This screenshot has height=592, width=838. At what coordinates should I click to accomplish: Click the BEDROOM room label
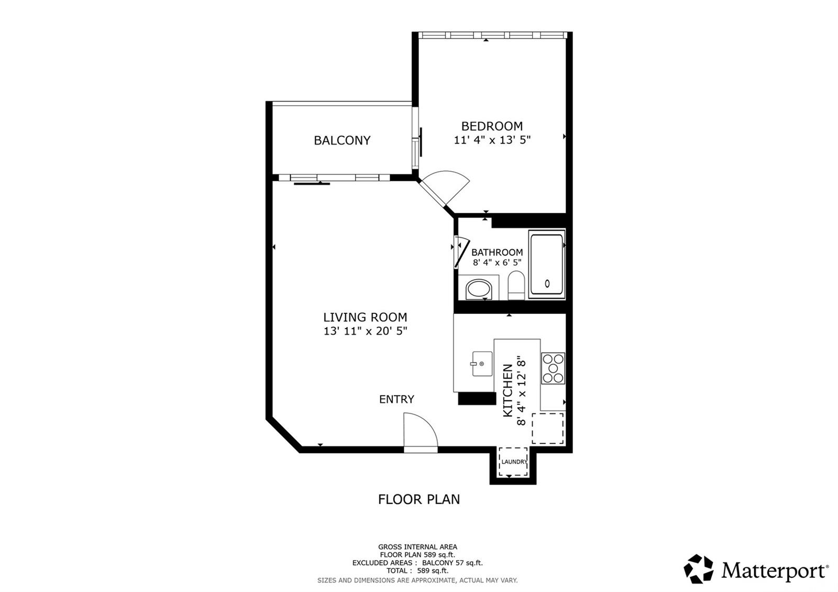(491, 126)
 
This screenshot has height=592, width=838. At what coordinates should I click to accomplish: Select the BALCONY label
(342, 140)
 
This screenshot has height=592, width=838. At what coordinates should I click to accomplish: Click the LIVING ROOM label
(365, 317)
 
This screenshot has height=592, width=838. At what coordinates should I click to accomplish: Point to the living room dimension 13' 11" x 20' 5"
(365, 331)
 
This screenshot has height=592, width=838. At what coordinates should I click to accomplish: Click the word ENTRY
(396, 399)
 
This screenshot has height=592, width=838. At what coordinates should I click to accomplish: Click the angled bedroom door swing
(445, 188)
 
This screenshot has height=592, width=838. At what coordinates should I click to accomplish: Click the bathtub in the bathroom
(547, 265)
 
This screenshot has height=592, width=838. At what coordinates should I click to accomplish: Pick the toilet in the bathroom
(516, 286)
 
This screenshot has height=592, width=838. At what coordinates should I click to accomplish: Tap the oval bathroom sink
(479, 289)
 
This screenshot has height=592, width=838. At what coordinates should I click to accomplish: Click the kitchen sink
(482, 364)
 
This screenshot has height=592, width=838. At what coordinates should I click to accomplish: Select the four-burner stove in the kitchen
(553, 368)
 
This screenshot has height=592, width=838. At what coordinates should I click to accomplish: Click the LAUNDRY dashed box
(513, 462)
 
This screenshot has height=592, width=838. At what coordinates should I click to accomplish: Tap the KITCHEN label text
(508, 390)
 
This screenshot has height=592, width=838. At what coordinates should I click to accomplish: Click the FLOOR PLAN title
(418, 499)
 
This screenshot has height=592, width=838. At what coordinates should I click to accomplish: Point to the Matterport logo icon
(699, 569)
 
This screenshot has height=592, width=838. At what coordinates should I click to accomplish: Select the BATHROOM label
(497, 253)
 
